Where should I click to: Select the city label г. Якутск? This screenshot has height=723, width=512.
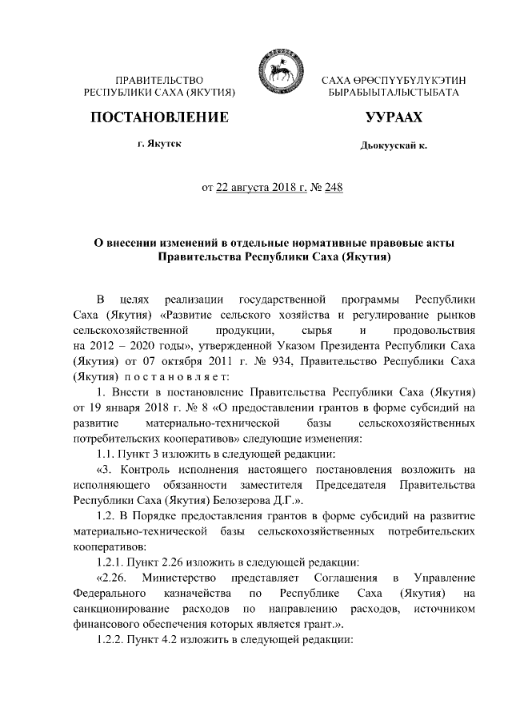(159, 145)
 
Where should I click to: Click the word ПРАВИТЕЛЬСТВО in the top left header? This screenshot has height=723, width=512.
(160, 81)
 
